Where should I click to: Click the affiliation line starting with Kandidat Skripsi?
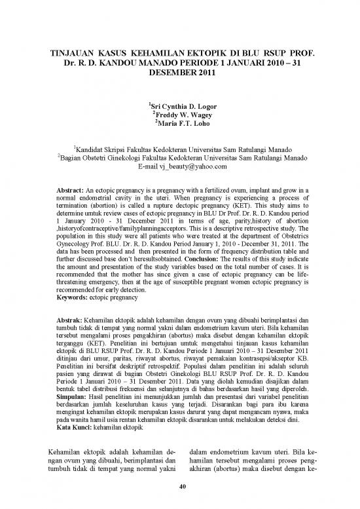(x=180, y=149)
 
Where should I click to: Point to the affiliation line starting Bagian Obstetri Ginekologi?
(x=180, y=158)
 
